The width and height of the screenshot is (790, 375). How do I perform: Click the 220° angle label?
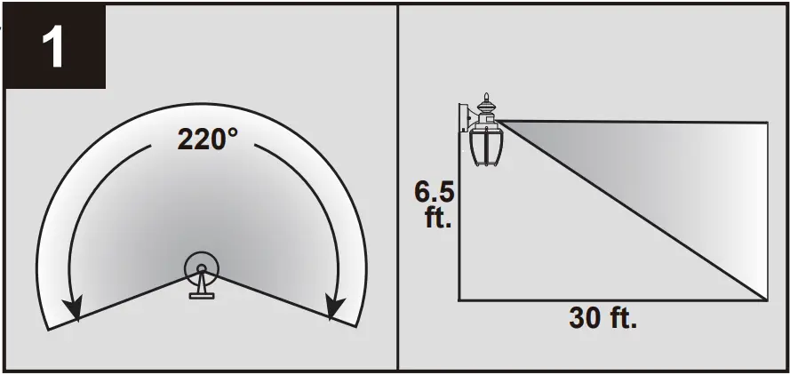pos(207,140)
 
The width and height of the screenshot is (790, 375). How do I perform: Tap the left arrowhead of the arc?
pos(74,310)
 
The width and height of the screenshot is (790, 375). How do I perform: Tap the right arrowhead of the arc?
pos(335,308)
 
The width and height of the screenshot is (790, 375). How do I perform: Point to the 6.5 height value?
pos(435,191)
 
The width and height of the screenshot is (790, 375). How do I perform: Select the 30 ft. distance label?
pos(602,319)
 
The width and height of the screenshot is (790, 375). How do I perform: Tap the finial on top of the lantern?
pos(485,99)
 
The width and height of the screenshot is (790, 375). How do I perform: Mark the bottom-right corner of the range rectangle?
pos(767,299)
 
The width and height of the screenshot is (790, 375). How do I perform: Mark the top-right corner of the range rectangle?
pos(767,122)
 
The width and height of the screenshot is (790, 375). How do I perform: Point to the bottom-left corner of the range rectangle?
pos(459,299)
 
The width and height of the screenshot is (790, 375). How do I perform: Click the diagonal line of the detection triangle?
pos(631,210)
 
